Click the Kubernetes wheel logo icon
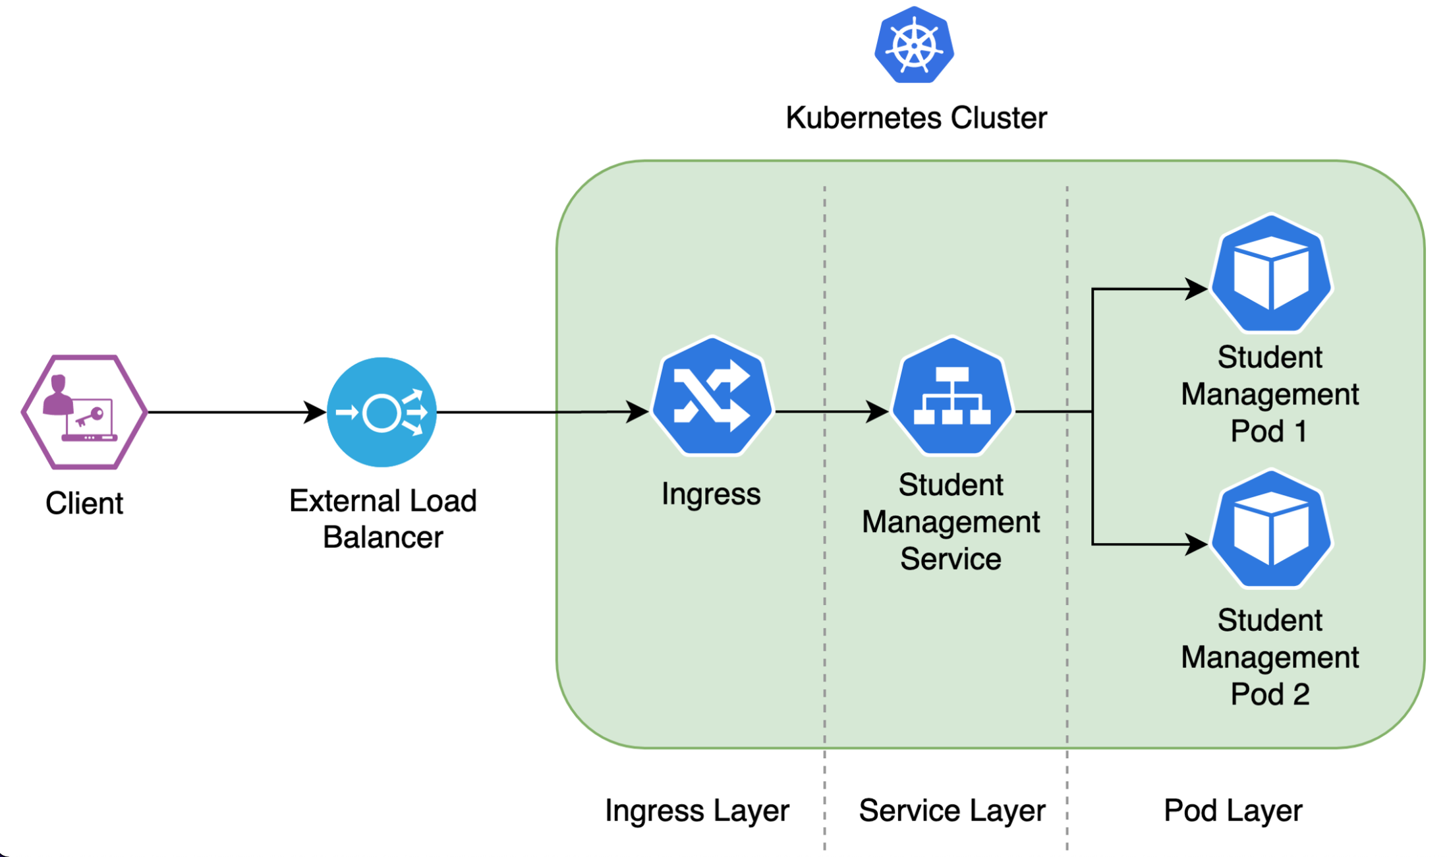[x=914, y=45]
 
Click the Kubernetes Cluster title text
[x=916, y=118]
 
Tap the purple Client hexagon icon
[x=84, y=412]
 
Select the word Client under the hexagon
[x=84, y=504]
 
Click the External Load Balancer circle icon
[x=382, y=412]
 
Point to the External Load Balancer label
[x=383, y=519]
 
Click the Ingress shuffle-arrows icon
[x=712, y=396]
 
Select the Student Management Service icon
[x=951, y=396]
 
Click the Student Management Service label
[x=951, y=522]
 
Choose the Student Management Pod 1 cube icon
[x=1271, y=273]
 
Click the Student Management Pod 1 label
[x=1270, y=394]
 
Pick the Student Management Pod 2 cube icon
[x=1271, y=529]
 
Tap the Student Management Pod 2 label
[x=1270, y=657]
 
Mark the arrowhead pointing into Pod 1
[x=1197, y=289]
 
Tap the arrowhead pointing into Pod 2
[x=1197, y=544]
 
